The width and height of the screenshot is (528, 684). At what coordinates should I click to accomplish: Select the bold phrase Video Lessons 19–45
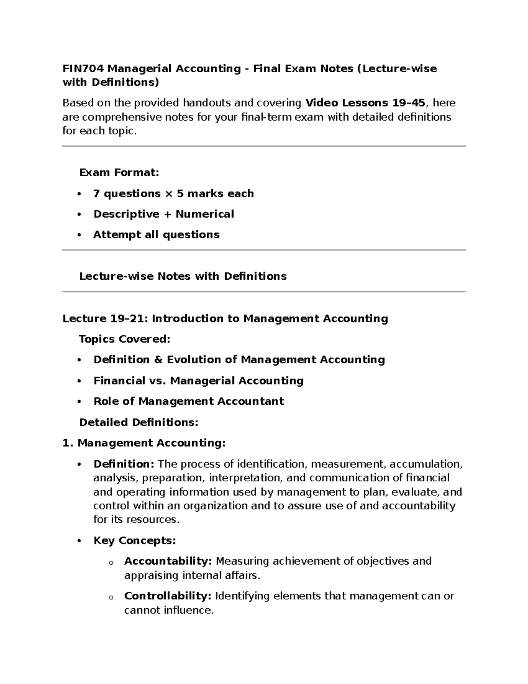[x=365, y=103]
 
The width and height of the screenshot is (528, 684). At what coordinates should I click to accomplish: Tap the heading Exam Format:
[x=119, y=173]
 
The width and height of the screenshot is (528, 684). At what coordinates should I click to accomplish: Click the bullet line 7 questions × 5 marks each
[x=173, y=194]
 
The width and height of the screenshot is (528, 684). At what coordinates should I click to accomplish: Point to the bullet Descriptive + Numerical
[x=163, y=214]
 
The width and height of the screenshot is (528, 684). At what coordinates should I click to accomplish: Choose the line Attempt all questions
[x=156, y=235]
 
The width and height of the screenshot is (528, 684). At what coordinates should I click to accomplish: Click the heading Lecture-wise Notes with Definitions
[x=183, y=277]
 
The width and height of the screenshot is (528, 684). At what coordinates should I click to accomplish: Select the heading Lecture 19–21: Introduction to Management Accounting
[x=225, y=319]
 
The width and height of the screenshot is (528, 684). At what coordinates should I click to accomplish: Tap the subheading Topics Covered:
[x=124, y=339]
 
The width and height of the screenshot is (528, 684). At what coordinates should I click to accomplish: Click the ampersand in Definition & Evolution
[x=158, y=360]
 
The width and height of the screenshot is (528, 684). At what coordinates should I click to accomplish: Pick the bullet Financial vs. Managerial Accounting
[x=198, y=381]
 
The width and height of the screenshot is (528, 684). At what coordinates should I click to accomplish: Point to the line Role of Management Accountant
[x=188, y=402]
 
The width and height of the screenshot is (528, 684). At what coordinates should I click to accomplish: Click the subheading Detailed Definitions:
[x=139, y=423]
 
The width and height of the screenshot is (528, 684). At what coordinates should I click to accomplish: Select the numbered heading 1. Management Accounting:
[x=144, y=443]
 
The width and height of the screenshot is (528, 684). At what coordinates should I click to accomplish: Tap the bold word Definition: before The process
[x=124, y=464]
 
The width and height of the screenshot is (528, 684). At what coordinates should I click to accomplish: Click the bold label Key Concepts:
[x=135, y=541]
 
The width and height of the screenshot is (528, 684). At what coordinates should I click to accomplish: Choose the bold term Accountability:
[x=168, y=562]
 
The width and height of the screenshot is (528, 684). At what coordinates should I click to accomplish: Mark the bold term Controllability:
[x=168, y=596]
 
